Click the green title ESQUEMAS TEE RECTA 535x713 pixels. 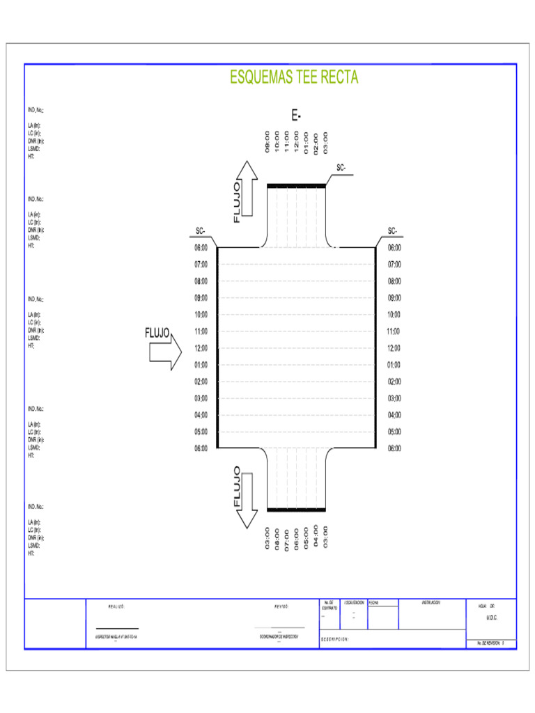[294, 77]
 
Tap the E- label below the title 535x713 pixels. [296, 116]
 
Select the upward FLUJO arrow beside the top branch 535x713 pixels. [245, 191]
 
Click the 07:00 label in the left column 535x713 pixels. [201, 265]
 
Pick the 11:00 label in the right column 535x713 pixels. [394, 331]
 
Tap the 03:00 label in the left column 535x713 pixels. [201, 398]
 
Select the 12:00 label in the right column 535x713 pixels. [394, 348]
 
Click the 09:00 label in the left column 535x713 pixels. [201, 298]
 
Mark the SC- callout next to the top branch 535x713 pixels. [341, 168]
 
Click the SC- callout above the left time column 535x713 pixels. [200, 231]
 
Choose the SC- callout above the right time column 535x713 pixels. [393, 231]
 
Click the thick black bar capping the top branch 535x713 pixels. [297, 185]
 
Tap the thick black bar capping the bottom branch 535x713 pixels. [297, 510]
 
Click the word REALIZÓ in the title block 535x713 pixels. [116, 606]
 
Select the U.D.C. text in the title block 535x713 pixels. [492, 618]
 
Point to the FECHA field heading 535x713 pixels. [374, 602]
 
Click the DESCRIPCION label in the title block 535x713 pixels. [334, 638]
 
